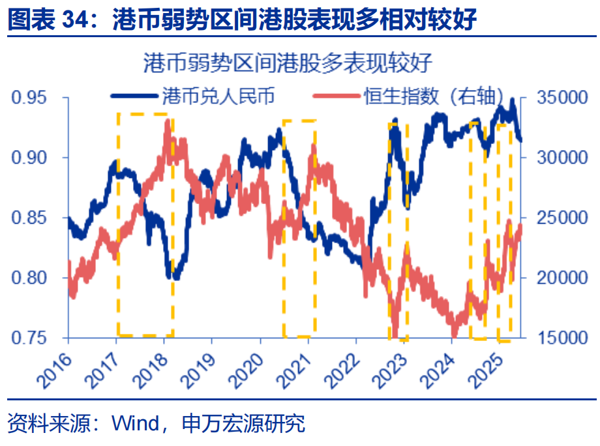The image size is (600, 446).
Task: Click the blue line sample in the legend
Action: tap(134, 97)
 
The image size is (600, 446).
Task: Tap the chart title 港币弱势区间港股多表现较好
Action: tap(287, 63)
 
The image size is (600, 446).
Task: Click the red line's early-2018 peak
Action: tap(168, 122)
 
